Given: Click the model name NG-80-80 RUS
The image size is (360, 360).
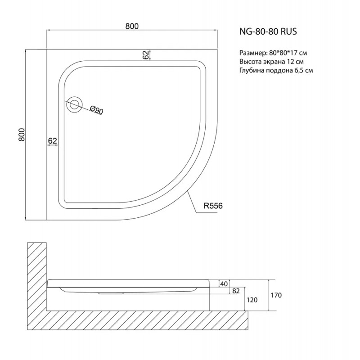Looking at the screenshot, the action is [268, 31].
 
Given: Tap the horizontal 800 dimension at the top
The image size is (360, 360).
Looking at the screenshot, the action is [132, 26].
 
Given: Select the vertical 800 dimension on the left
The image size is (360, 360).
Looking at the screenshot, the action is [21, 134].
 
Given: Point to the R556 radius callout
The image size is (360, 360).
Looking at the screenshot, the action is [213, 206].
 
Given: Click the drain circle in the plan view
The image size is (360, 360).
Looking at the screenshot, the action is [74, 104].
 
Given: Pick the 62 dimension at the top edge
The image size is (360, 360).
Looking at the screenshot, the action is [145, 55].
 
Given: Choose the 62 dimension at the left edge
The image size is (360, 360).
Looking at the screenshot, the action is [53, 140].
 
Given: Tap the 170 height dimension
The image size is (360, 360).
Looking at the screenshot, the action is [276, 295].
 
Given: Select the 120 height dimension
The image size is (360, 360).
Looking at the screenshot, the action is [252, 300].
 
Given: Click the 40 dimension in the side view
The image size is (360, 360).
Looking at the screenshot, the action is [224, 284].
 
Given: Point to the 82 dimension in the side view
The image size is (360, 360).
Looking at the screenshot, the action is [236, 291].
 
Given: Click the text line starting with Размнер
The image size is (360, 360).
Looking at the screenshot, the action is [273, 53].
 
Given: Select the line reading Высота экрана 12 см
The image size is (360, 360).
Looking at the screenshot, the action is [271, 62].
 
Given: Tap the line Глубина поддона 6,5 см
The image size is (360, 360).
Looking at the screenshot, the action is [276, 70].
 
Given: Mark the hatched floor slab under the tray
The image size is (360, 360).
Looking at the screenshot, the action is [137, 320].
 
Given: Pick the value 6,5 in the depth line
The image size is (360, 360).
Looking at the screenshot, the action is [298, 71].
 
